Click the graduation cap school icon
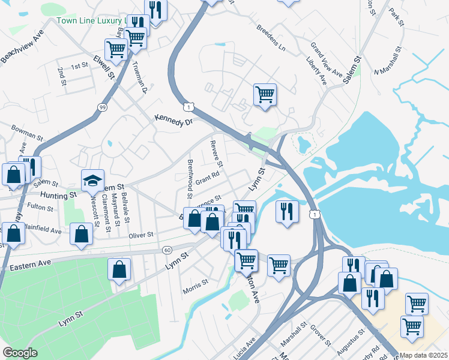pyautogui.click(x=93, y=180)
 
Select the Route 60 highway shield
pyautogui.click(x=167, y=249)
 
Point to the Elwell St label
pyautogui.click(x=103, y=67)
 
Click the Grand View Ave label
pyautogui.click(x=327, y=62)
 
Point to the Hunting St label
pyautogui.click(x=59, y=195)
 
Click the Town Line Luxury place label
pyautogui.click(x=90, y=20)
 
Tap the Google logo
pyautogui.click(x=20, y=353)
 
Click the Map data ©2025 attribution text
pyautogui.click(x=424, y=355)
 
